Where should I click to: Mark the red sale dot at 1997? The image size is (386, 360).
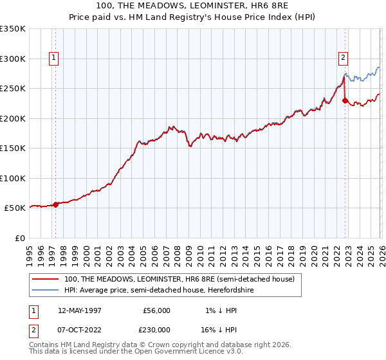[x=56, y=204]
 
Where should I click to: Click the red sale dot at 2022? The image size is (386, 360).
[x=345, y=100]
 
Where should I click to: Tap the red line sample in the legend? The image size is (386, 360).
[x=46, y=279]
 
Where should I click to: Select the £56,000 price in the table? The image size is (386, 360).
[x=156, y=310]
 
